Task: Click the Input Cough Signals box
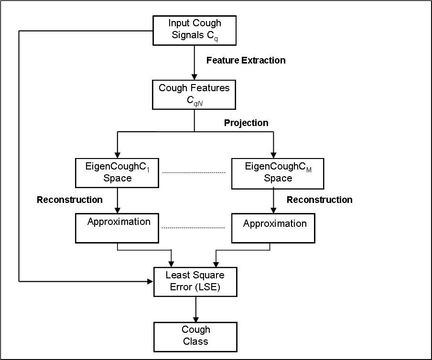point(194,30)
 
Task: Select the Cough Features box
point(194,95)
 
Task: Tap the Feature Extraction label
point(246,60)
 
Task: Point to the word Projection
point(246,123)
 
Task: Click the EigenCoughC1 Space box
point(117,173)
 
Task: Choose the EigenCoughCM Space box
point(278,173)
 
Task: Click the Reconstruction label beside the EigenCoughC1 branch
point(70,200)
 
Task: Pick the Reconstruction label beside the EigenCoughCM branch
point(320,200)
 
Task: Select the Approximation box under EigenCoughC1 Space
point(117,228)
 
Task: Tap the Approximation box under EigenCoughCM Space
point(273,228)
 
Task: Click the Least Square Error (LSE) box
point(195,282)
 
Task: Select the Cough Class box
point(195,337)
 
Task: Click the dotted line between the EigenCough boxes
point(194,172)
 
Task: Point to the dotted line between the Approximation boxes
point(193,228)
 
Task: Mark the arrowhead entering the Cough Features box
point(194,77)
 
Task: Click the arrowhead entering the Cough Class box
point(195,319)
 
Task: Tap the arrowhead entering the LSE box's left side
point(150,281)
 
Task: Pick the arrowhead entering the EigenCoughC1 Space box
point(118,155)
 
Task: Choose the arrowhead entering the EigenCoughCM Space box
point(273,155)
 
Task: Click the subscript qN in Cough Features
point(198,104)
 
